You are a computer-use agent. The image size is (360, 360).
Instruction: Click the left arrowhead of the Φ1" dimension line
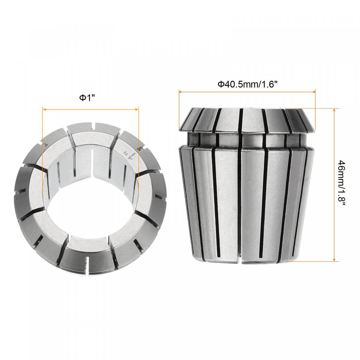pyautogui.click(x=44, y=109)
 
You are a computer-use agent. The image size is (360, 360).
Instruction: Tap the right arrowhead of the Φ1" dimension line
pyautogui.click(x=137, y=109)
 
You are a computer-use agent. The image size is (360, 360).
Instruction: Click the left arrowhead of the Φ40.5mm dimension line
pyautogui.click(x=181, y=91)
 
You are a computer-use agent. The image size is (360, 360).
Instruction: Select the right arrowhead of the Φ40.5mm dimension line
pyautogui.click(x=313, y=91)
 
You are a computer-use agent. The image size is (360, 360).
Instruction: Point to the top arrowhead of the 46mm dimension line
pyautogui.click(x=334, y=111)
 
